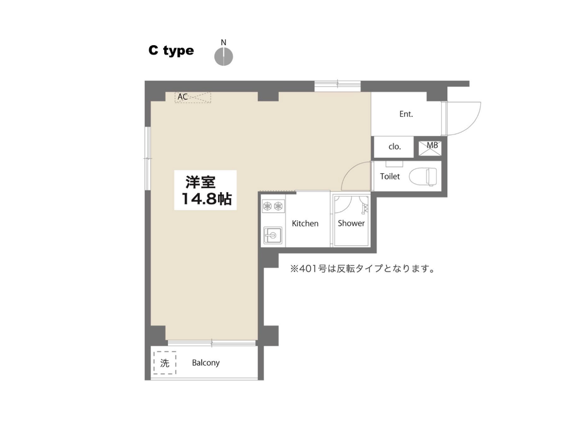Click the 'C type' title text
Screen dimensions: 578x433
tap(171, 51)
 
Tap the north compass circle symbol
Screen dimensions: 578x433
tap(223, 56)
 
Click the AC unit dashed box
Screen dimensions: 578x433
tap(193, 97)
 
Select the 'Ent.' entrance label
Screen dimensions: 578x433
tap(406, 114)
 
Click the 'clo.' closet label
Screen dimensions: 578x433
tap(394, 146)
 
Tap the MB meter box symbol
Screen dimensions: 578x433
tap(430, 148)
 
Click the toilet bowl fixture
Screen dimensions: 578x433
tap(423, 176)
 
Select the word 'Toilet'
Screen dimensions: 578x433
tap(390, 176)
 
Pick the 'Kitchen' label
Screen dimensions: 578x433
tap(305, 223)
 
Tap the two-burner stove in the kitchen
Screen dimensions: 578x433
tap(273, 206)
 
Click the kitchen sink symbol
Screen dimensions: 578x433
tap(273, 235)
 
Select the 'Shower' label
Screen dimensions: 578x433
tap(351, 223)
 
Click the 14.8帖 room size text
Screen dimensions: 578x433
tap(207, 199)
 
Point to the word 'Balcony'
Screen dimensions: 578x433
tap(206, 363)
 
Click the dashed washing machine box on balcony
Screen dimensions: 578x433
tap(165, 363)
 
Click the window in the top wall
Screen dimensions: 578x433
tap(338, 87)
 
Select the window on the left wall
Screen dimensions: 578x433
tap(148, 159)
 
